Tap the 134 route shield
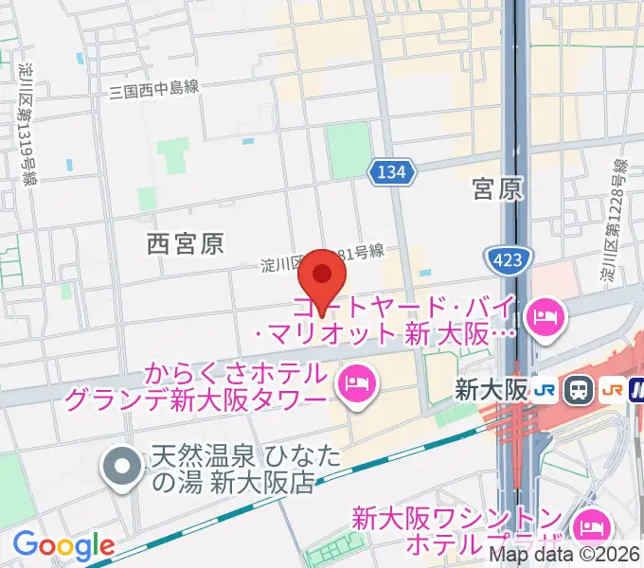391,171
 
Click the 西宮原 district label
186,244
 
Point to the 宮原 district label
498,189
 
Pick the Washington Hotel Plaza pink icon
593,523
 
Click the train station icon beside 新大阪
578,389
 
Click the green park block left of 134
348,150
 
